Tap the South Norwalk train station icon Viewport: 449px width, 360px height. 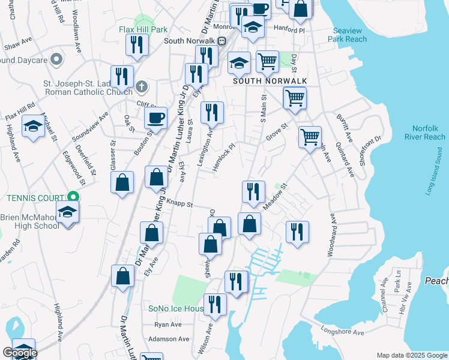pos(221,41)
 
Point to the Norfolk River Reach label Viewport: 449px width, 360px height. pos(429,133)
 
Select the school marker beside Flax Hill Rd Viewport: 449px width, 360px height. pos(33,126)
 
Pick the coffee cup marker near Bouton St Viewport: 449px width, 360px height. pos(156,118)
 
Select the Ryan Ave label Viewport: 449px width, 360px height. pos(167,324)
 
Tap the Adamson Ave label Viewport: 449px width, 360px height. pos(165,339)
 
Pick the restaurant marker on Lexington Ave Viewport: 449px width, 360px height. pos(211,112)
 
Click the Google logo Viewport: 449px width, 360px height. pos(20,353)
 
